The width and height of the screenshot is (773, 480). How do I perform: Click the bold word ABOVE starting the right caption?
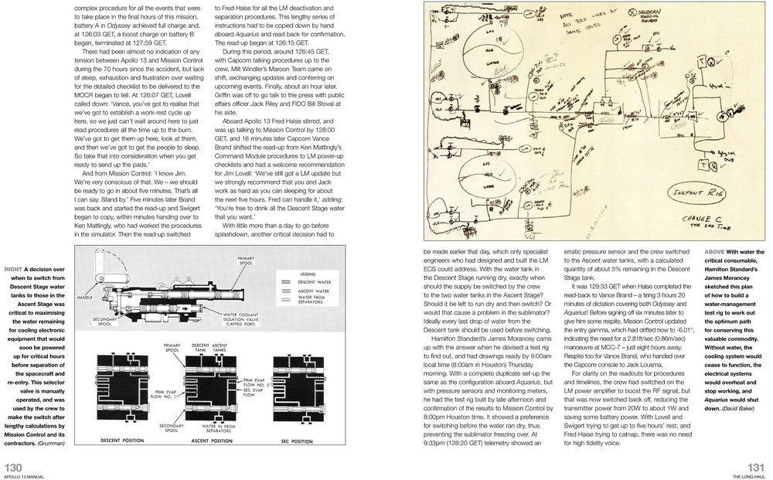pyautogui.click(x=716, y=252)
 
